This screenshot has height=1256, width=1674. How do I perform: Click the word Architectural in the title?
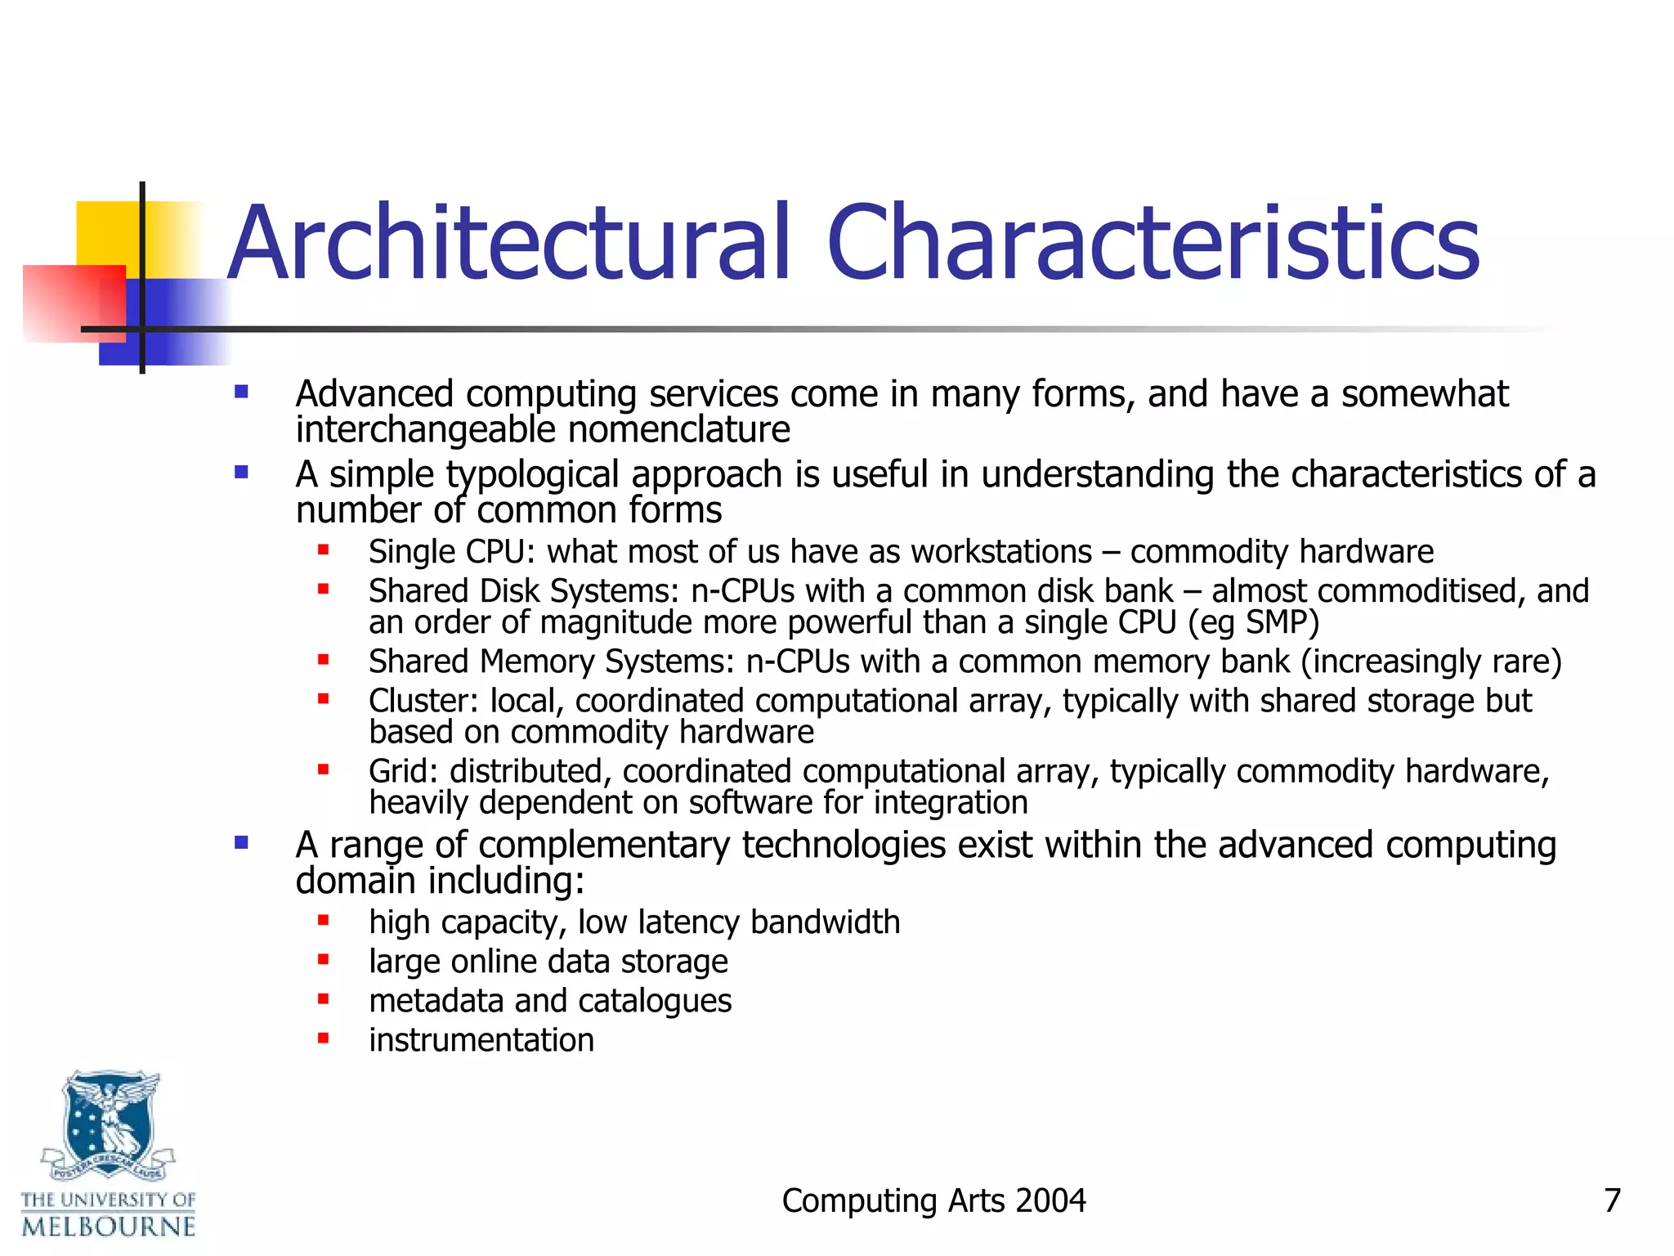(x=508, y=244)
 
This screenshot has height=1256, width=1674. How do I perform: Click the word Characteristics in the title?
(x=1153, y=244)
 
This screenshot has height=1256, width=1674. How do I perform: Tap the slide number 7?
(x=1612, y=1200)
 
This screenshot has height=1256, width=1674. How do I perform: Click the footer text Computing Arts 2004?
(x=933, y=1200)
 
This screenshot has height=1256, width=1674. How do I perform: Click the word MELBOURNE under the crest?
(x=109, y=1227)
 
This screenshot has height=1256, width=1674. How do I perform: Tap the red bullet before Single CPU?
(x=324, y=550)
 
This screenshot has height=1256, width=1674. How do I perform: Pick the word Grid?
(x=402, y=771)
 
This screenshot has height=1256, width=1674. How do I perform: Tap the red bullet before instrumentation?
(x=324, y=1038)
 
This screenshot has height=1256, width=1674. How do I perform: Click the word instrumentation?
(x=481, y=1040)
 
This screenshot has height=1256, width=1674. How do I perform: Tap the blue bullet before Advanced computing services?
(x=241, y=392)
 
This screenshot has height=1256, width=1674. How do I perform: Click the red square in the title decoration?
(x=74, y=303)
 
